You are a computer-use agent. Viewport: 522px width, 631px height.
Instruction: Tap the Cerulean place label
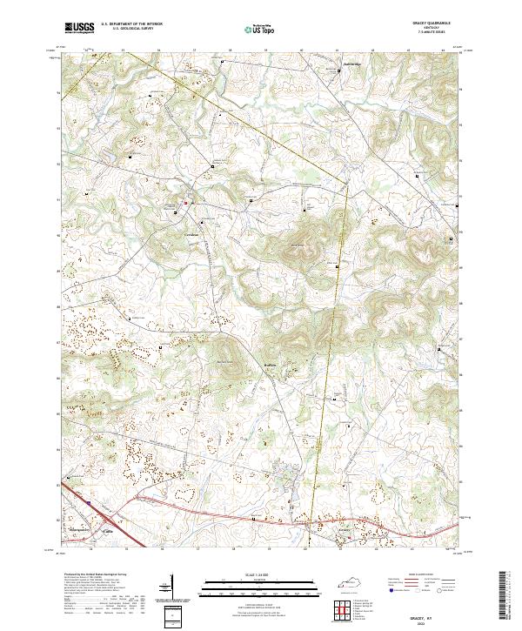point(191,236)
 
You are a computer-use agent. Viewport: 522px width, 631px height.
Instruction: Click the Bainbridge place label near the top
point(350,64)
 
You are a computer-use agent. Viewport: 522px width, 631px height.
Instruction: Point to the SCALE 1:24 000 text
point(260,574)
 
